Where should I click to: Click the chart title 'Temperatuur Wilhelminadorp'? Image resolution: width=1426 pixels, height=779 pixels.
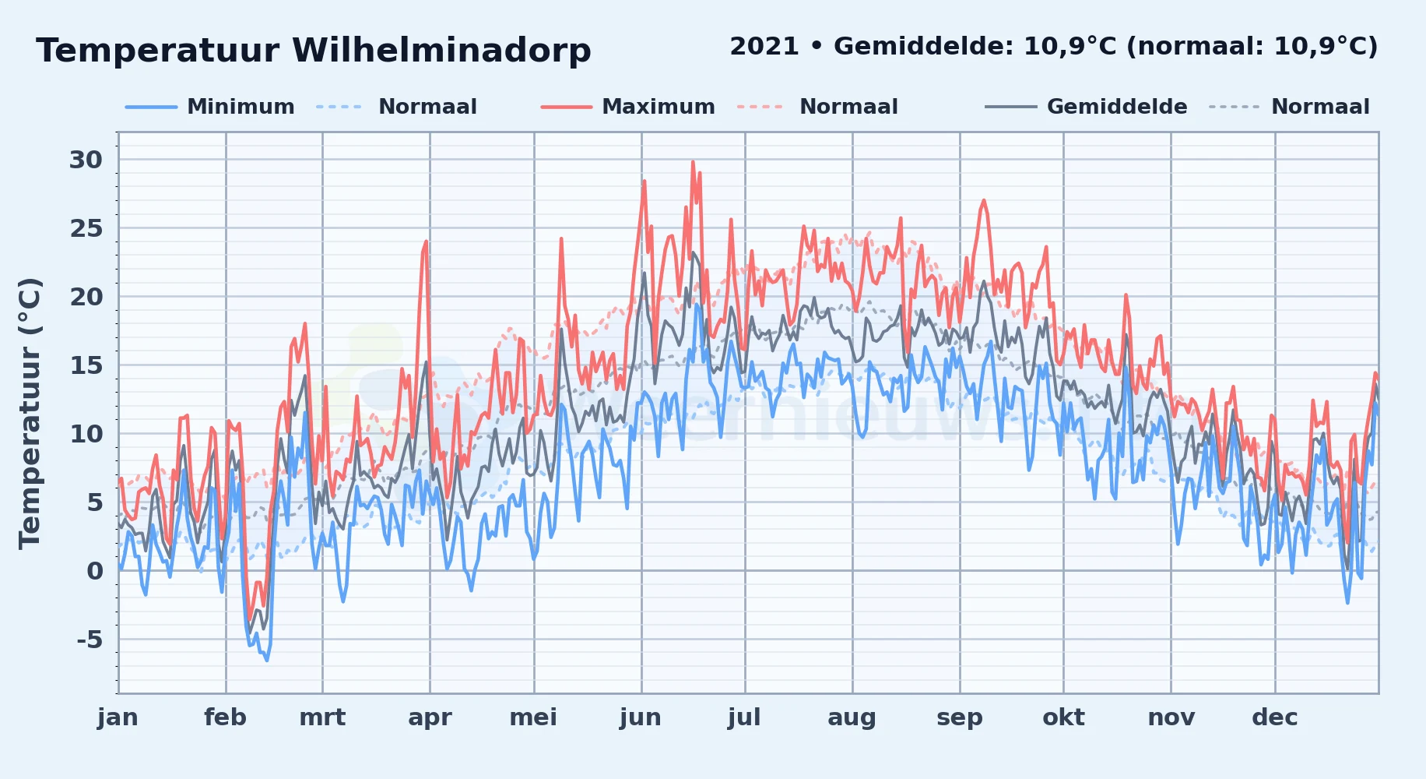313,51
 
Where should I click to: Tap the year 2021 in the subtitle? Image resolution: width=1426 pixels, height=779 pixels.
764,47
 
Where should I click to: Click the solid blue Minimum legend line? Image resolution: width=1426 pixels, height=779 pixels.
151,107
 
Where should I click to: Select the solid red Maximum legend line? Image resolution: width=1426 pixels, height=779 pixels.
567,107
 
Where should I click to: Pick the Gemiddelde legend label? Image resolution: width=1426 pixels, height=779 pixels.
1117,107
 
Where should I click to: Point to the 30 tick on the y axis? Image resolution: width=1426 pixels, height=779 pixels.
86,160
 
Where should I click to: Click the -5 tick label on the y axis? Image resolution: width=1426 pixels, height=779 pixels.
90,640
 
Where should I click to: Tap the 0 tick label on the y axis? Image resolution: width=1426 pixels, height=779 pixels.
94,571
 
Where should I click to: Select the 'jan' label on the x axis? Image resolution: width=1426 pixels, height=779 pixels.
118,717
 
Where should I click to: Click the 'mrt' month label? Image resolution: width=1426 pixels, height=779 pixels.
322,717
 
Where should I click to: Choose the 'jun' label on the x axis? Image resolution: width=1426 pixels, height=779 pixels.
641,717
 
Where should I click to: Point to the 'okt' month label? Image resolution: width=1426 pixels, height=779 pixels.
1063,717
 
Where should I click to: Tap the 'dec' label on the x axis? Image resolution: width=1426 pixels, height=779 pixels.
1275,717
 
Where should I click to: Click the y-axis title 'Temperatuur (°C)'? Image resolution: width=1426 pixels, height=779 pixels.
30,414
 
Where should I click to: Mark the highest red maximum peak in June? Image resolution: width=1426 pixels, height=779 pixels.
692,162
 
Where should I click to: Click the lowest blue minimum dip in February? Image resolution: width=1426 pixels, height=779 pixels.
266,660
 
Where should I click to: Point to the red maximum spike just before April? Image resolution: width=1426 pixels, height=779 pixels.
427,241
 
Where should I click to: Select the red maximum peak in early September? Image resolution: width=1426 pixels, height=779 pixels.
984,200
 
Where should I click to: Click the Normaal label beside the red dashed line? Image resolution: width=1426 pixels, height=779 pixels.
848,107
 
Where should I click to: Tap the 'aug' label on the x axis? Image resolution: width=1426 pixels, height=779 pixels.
852,717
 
